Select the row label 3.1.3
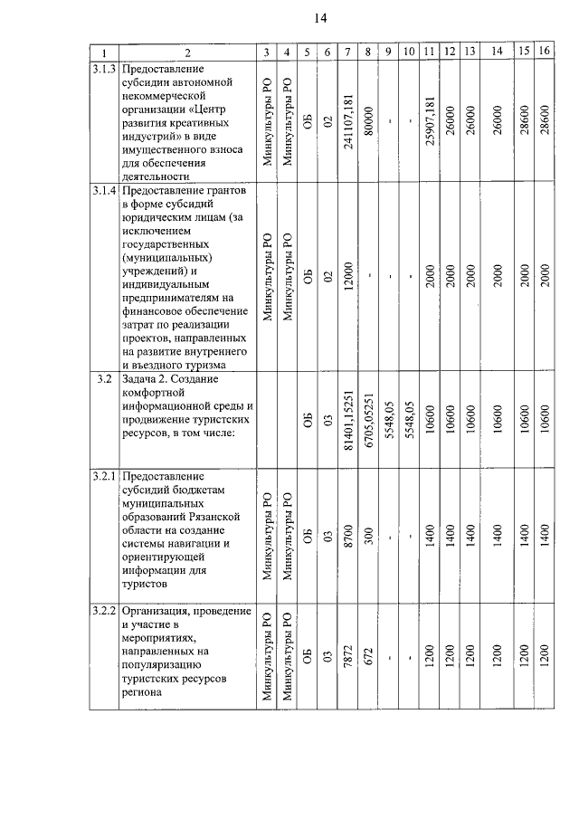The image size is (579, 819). point(104,69)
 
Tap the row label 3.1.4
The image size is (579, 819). point(104,191)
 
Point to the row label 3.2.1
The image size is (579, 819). point(104,475)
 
